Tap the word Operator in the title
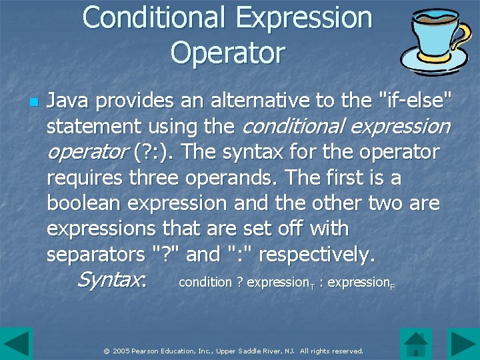coord(227,53)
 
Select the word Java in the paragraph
coord(69,101)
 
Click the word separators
coord(93,254)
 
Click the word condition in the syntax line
coord(205,282)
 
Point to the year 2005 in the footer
coord(121,351)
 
